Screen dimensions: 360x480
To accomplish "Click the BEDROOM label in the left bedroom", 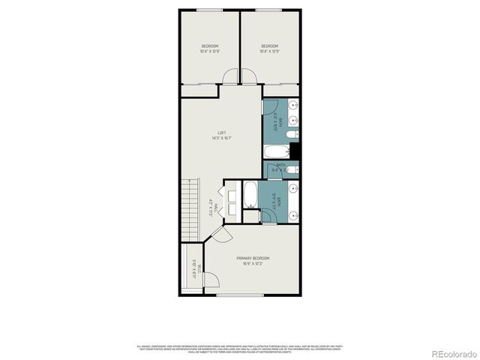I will click(209, 46).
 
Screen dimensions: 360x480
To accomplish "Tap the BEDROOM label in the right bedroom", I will click(270, 46).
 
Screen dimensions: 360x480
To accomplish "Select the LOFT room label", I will click(221, 133).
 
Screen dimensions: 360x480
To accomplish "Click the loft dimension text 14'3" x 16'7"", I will click(221, 138).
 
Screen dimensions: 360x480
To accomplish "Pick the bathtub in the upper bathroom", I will click(275, 153).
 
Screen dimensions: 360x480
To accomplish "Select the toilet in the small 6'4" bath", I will click(293, 169).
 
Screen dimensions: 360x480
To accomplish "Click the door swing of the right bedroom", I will click(250, 76).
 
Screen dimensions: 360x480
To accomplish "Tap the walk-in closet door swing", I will click(211, 281).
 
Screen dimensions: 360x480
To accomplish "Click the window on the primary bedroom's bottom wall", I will click(241, 295).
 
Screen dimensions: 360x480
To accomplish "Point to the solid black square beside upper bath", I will click(295, 151).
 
